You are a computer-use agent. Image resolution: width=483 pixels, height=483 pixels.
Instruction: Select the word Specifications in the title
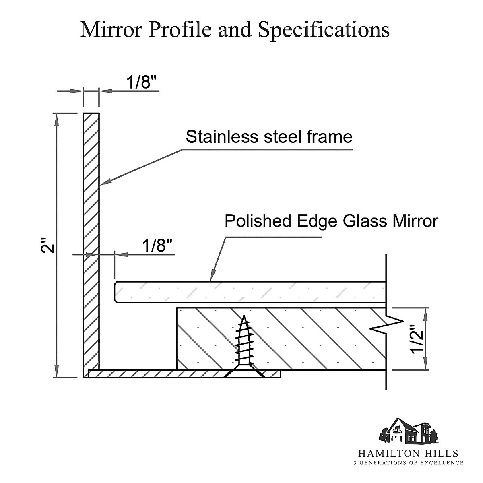coord(324,30)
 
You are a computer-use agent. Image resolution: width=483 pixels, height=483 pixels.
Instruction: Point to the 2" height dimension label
coord(47,246)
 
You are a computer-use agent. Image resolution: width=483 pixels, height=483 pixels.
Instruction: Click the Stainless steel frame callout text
coord(269,137)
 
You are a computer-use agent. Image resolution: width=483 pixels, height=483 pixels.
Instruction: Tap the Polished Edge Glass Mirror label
coord(331,221)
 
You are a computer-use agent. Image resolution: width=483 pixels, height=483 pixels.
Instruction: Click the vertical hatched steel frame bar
coord(91,242)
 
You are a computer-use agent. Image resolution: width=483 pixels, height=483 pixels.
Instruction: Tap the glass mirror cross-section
coord(250,292)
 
